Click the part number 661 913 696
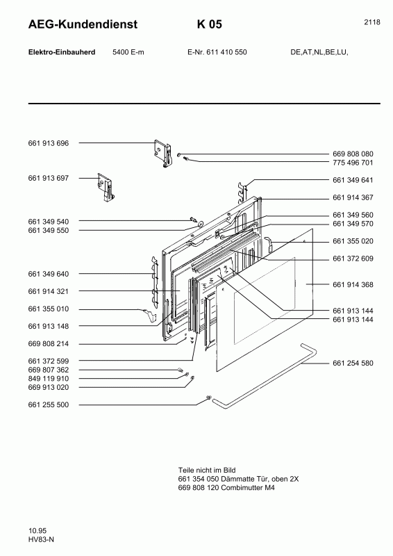[49, 143]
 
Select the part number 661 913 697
[49, 179]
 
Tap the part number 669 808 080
[353, 154]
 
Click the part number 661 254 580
[353, 363]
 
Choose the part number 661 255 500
[49, 404]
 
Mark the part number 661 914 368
[353, 284]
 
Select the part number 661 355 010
[49, 309]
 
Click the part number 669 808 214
[49, 344]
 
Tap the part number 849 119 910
[49, 379]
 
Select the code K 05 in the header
[209, 25]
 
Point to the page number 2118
[371, 22]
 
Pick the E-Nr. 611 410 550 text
[217, 52]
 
